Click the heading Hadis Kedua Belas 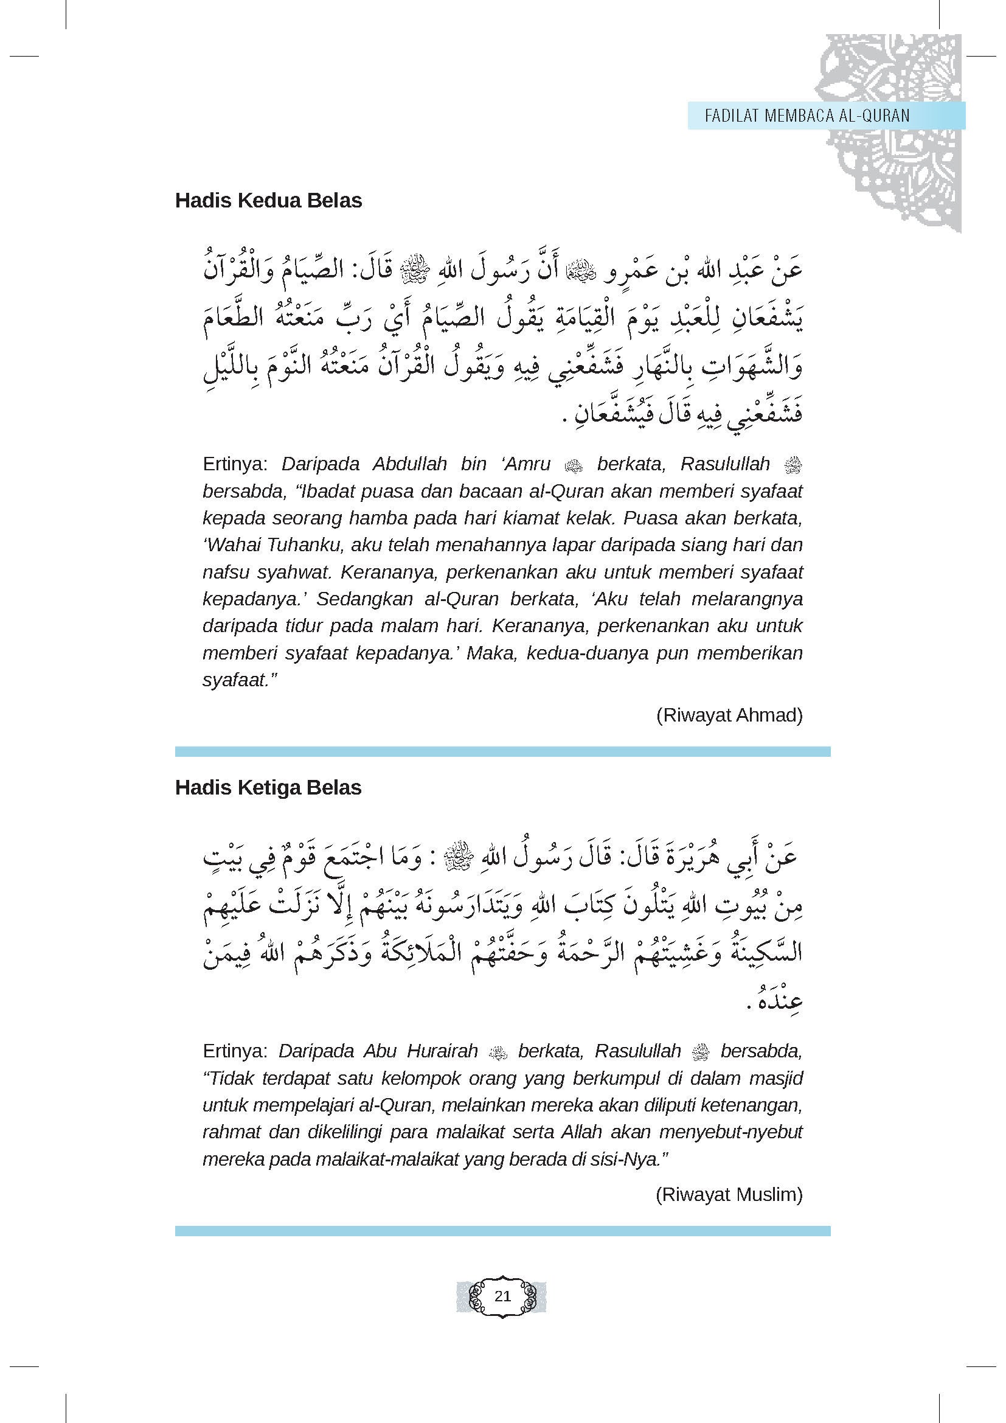tap(268, 201)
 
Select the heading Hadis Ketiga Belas tap(268, 788)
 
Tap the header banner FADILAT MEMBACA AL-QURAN tap(807, 116)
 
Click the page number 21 tap(502, 1296)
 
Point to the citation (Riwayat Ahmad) tap(729, 715)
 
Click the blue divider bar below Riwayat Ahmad tap(502, 752)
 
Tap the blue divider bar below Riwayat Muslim tap(502, 1231)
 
